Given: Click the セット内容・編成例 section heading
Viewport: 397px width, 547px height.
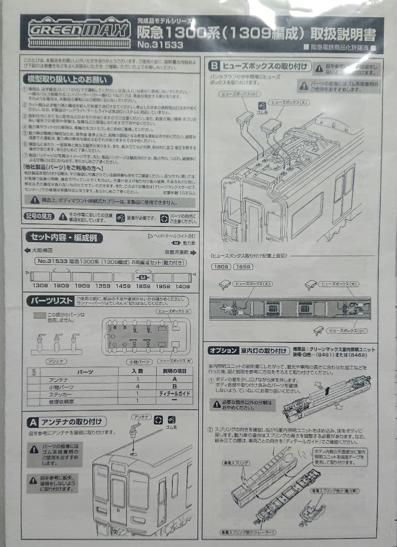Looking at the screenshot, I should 64,237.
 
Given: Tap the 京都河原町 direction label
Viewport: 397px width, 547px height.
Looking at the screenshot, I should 175,251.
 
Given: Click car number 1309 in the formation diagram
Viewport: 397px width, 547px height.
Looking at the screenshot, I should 40,286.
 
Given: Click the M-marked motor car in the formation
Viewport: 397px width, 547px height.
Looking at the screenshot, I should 143,278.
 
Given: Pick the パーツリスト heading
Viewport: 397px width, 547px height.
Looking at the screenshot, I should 52,301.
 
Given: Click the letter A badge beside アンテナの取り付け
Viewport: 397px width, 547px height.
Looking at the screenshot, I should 33,422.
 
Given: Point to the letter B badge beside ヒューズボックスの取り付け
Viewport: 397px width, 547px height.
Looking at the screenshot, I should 214,65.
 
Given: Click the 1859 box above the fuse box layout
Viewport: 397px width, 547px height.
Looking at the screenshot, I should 243,266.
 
